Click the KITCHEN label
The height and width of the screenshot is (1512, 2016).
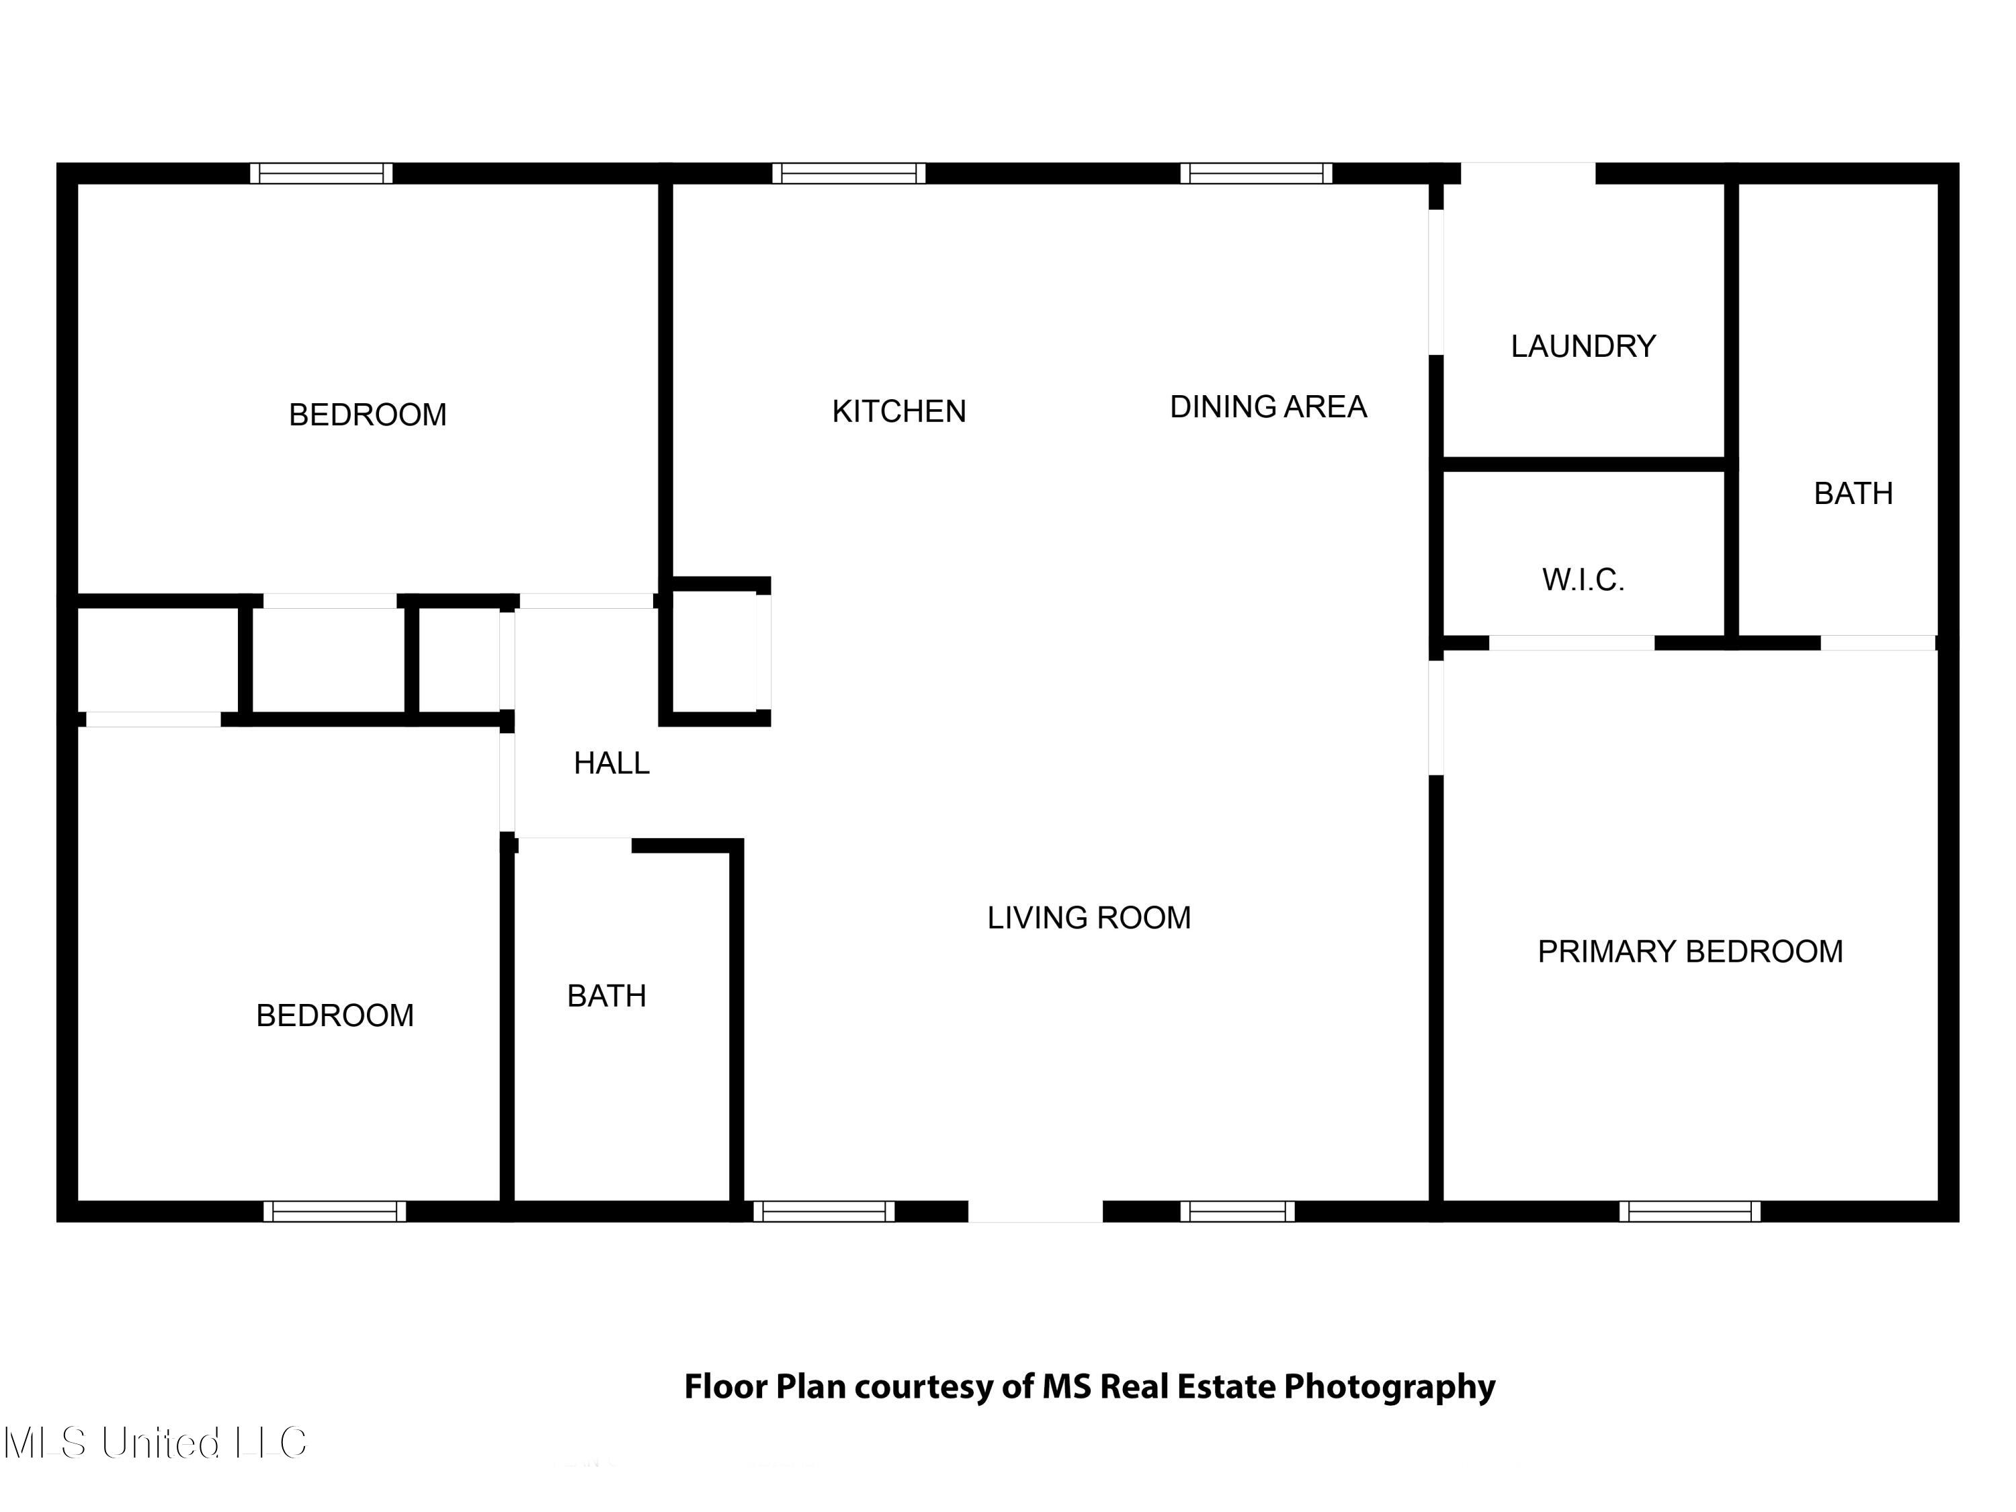[x=898, y=412]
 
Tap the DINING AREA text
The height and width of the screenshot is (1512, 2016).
[x=1268, y=407]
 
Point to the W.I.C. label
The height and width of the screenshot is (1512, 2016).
[x=1583, y=580]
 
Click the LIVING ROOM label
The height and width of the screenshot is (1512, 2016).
[x=1089, y=918]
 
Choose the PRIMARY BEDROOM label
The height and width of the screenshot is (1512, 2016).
[x=1689, y=952]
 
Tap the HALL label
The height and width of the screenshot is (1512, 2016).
[x=612, y=763]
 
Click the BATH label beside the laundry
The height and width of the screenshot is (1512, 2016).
[x=1853, y=494]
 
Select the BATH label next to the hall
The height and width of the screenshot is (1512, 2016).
[x=606, y=996]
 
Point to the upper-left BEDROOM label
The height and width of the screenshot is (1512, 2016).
[x=368, y=415]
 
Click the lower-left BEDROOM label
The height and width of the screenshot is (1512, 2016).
[x=335, y=1015]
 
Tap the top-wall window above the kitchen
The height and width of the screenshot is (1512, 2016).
[x=849, y=173]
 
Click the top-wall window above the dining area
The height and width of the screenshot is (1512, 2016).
[x=1256, y=173]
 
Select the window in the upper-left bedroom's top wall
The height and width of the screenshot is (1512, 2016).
[x=322, y=173]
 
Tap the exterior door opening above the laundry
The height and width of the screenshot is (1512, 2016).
[x=1527, y=173]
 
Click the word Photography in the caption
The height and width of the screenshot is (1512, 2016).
[x=1389, y=1386]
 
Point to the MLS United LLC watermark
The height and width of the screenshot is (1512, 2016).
[x=155, y=1443]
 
